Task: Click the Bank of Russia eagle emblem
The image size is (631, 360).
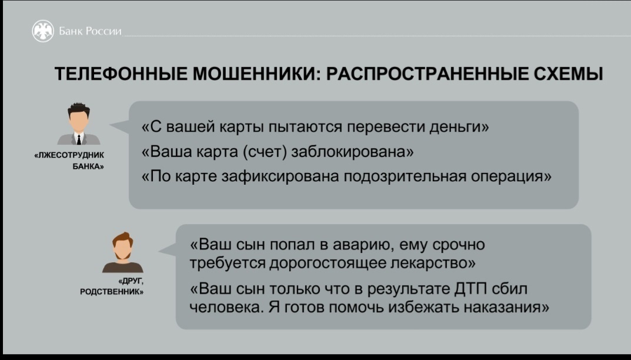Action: [x=43, y=31]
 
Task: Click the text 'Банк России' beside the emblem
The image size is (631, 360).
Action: [x=90, y=31]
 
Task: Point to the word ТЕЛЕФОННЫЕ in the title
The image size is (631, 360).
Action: [x=121, y=74]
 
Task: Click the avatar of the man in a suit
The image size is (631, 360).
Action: [x=79, y=124]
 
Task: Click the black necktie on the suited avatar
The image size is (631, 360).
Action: [x=79, y=139]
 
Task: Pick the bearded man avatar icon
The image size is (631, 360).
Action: [x=123, y=252]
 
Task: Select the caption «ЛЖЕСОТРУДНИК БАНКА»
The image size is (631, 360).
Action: [x=69, y=161]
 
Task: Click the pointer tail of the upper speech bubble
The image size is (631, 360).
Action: [x=119, y=126]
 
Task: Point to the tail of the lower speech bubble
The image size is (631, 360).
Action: [x=168, y=250]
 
